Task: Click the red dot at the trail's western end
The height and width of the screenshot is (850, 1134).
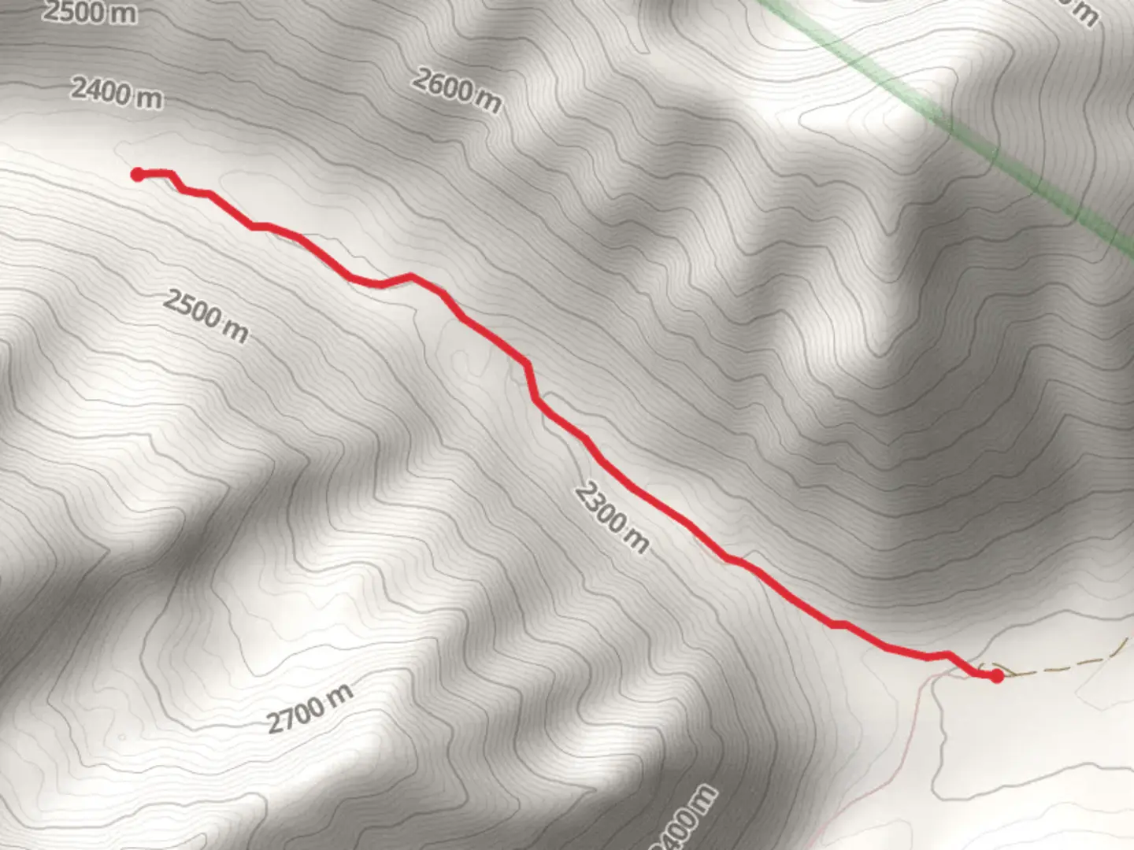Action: [137, 174]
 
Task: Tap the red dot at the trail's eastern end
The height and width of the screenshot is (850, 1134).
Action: [997, 675]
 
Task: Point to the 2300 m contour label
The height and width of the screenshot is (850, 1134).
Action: [612, 517]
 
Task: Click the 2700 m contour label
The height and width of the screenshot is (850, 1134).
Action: [309, 709]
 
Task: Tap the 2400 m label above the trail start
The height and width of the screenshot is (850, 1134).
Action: [117, 93]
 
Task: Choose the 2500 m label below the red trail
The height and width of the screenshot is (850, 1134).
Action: [206, 316]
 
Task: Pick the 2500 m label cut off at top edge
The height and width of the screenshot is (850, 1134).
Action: [89, 11]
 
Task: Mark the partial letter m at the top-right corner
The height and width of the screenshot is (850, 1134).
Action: [1086, 13]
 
